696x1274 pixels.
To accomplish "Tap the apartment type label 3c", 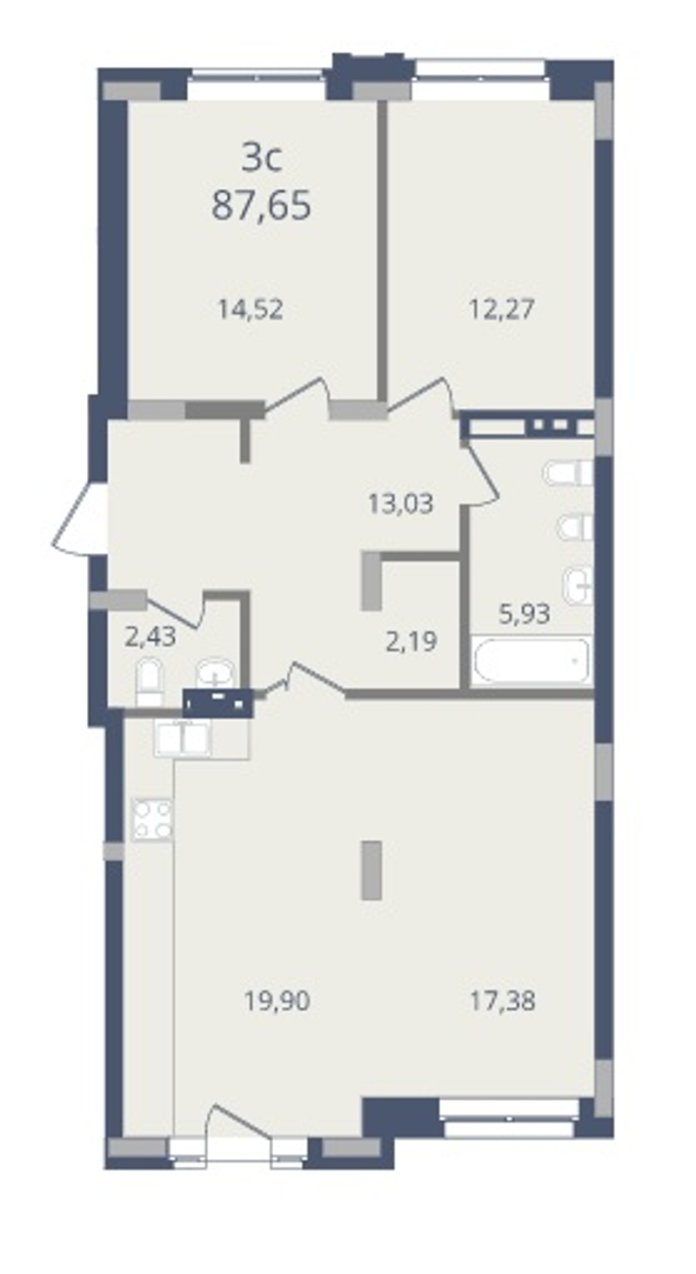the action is click(261, 157).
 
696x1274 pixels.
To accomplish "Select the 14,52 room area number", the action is click(251, 310).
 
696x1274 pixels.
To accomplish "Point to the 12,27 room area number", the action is click(501, 310).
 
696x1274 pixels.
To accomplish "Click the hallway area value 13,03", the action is click(401, 504).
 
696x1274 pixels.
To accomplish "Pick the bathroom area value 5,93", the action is click(524, 614).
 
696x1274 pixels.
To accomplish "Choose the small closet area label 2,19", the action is click(411, 642).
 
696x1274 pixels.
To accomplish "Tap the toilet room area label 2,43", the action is click(151, 637).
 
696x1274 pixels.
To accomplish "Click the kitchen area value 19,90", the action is click(277, 1001).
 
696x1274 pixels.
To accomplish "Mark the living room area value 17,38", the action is click(503, 1001).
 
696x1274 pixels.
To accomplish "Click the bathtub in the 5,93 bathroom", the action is click(531, 661).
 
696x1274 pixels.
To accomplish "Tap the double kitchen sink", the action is click(182, 738).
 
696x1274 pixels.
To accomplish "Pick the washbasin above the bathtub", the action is click(578, 585).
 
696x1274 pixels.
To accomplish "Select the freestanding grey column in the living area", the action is click(371, 870).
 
